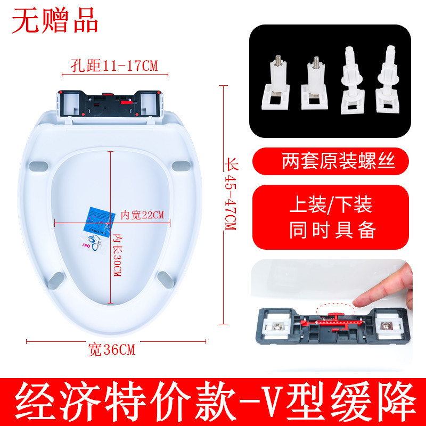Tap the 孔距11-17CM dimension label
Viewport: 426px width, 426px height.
click(x=115, y=66)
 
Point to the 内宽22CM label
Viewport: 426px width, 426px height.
click(x=142, y=215)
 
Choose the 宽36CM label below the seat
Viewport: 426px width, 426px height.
click(x=112, y=350)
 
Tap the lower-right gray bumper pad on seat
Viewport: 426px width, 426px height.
click(x=165, y=278)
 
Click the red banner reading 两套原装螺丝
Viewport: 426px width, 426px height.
click(x=331, y=161)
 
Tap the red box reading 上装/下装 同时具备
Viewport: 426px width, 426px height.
click(x=331, y=218)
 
